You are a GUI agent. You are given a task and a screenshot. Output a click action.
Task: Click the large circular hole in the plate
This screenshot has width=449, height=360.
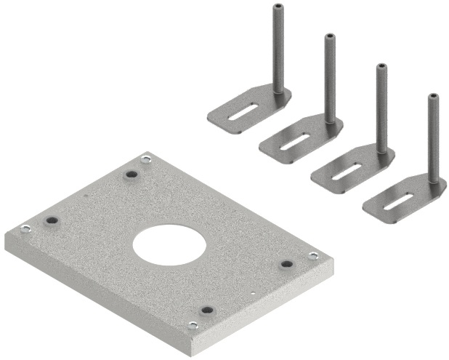[x=166, y=244]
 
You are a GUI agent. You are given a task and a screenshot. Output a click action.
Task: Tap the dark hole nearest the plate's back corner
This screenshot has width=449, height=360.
[x=132, y=175]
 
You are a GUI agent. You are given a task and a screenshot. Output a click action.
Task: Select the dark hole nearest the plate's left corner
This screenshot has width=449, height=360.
[x=51, y=220]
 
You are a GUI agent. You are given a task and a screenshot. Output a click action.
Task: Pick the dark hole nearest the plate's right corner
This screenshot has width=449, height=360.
[x=286, y=263]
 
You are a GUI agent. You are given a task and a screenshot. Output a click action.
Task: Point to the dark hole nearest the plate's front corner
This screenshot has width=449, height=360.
[x=206, y=310]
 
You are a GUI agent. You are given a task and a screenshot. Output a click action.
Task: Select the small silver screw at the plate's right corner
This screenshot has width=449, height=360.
[x=313, y=256]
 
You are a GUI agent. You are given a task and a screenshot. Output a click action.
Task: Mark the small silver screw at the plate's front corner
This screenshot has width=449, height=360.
[x=193, y=325]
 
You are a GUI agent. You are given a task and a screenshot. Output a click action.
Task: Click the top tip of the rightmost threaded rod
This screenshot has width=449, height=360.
[x=434, y=97]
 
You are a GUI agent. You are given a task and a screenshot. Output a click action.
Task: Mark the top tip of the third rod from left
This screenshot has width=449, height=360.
[x=381, y=68]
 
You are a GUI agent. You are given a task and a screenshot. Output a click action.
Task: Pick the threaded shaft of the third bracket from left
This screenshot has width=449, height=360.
[x=381, y=109]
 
